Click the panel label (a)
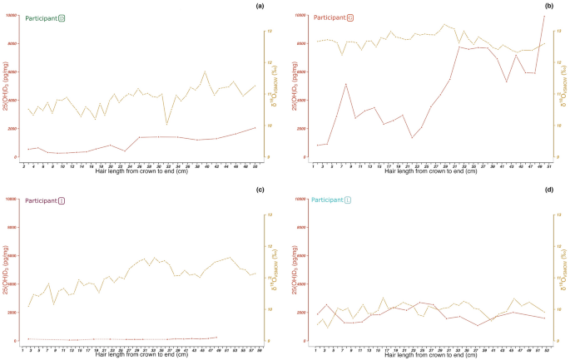[260, 7]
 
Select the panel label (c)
[260, 190]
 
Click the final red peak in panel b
[544, 16]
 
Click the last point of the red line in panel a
[255, 127]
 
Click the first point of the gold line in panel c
[28, 306]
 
